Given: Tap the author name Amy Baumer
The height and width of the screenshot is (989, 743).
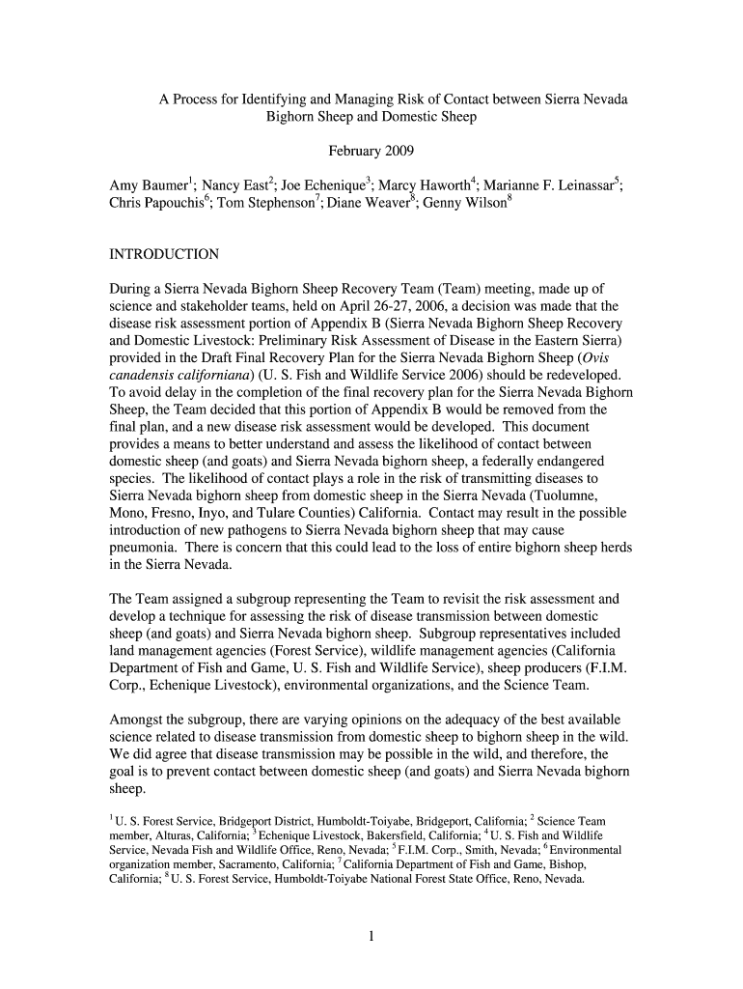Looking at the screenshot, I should coord(149,185).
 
